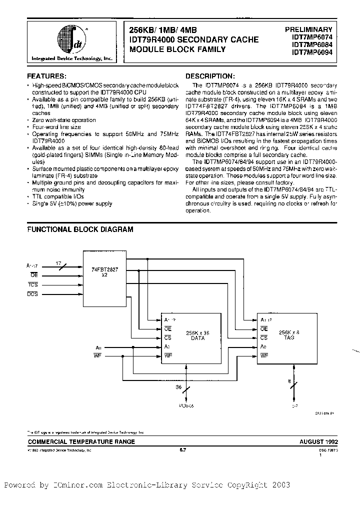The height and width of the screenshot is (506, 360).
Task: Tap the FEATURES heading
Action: pos(46,76)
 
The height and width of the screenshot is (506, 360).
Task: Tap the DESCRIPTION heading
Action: pos(209,76)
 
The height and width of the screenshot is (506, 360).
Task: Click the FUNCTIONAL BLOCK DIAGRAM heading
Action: pos(80,229)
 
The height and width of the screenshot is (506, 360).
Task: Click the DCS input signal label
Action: pos(33,294)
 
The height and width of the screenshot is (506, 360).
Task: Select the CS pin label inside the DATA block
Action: pos(167,337)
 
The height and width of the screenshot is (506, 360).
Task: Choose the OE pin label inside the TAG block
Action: pos(264,328)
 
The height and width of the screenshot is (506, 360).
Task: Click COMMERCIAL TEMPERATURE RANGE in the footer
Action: pos(81,442)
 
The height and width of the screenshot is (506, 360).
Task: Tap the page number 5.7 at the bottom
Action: pos(182,450)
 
